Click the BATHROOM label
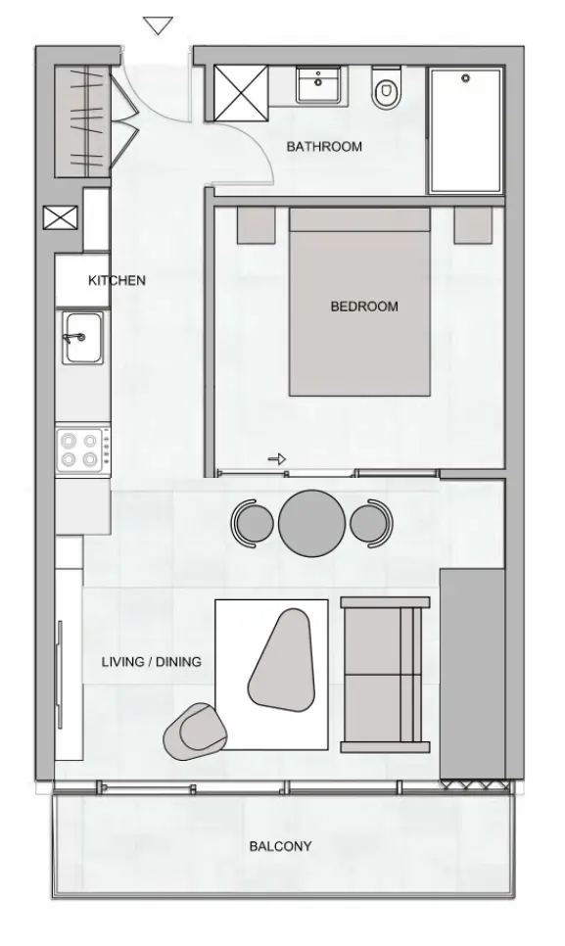click(324, 147)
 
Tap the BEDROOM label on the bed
click(364, 307)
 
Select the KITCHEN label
click(117, 280)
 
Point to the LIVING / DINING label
click(152, 662)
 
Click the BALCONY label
click(280, 846)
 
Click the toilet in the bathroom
click(386, 88)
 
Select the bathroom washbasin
click(317, 84)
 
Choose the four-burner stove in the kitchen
click(81, 449)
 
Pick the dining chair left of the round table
click(253, 522)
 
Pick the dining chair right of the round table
click(370, 522)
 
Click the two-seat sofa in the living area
click(384, 674)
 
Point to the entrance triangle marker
click(158, 25)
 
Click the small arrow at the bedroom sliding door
click(277, 458)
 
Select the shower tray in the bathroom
click(465, 130)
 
